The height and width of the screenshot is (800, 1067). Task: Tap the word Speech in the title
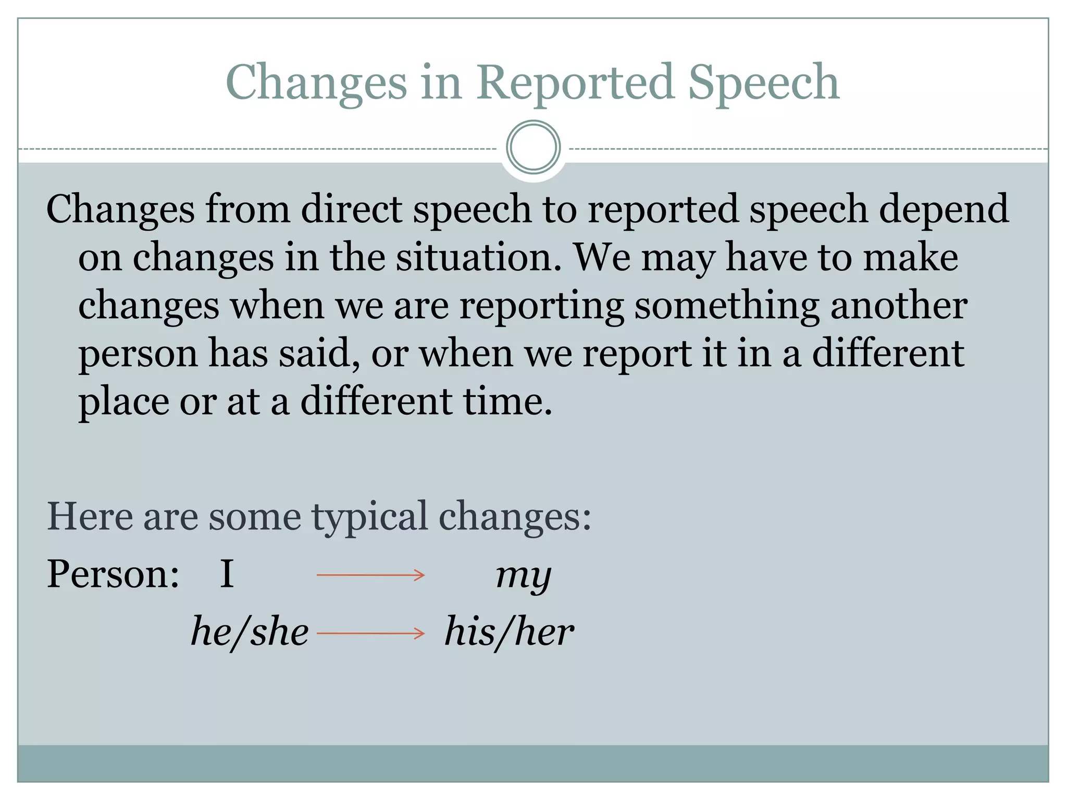pos(763,83)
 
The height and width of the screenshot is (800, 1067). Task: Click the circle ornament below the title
pos(533,147)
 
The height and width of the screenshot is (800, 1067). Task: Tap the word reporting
pos(542,306)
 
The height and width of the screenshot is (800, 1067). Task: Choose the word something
pos(727,306)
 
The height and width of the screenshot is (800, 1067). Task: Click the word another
pos(899,305)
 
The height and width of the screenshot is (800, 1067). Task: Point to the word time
pos(507,402)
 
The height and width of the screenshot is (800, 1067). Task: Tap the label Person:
pos(113,574)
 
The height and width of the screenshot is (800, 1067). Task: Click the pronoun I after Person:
pos(227,574)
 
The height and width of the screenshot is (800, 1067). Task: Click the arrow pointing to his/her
pos(371,633)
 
